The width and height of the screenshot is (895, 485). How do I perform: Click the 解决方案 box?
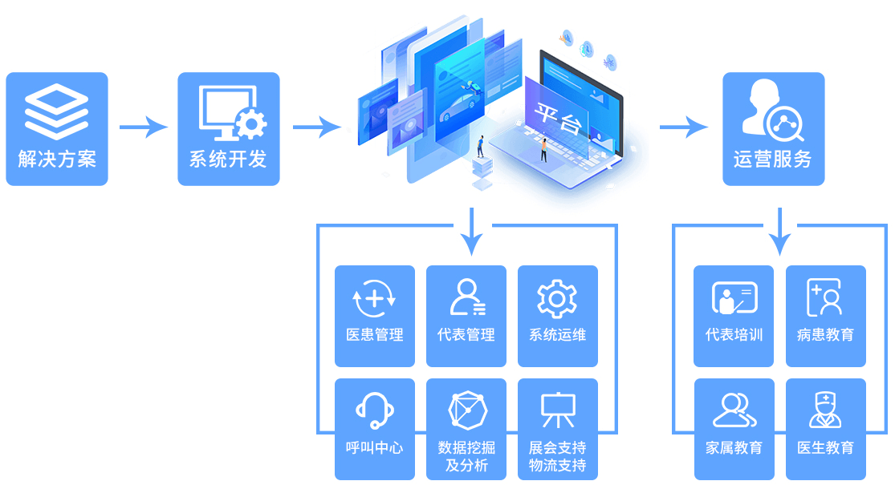(57, 129)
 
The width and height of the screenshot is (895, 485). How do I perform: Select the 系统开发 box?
(229, 129)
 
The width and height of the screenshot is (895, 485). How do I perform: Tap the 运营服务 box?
(773, 129)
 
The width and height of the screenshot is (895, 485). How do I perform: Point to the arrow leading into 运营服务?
(683, 127)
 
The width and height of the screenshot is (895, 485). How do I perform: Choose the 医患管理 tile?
(375, 316)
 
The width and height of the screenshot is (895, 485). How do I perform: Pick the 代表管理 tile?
(466, 316)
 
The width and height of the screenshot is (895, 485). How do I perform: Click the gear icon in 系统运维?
(557, 299)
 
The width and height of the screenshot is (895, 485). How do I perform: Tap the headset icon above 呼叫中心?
(374, 410)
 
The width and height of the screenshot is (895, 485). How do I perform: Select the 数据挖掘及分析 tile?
(466, 429)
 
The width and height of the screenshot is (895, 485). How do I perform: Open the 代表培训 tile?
(734, 316)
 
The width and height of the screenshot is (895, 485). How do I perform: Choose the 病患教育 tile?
(826, 316)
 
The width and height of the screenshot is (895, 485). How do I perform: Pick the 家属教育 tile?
(734, 429)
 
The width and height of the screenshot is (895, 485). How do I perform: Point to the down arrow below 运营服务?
(779, 232)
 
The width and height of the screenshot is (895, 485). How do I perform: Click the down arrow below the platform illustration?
(472, 232)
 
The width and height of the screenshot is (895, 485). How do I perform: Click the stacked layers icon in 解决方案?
(56, 112)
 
